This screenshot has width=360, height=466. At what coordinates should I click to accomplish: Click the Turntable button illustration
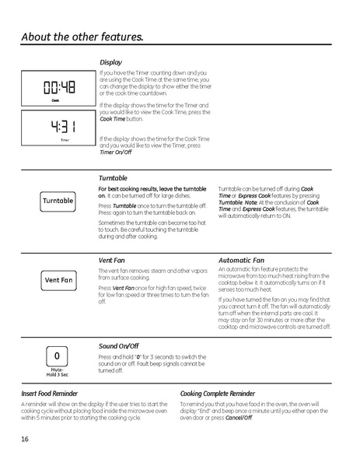click(x=58, y=201)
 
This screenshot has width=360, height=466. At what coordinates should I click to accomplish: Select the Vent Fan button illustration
click(x=58, y=279)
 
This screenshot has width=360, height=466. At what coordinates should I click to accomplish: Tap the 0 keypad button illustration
click(x=57, y=356)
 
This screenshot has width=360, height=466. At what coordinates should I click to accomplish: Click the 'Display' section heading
click(x=110, y=61)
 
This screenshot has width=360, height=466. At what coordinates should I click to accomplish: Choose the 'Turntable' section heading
click(x=114, y=178)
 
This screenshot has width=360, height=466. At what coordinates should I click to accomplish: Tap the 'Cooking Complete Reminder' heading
click(x=217, y=394)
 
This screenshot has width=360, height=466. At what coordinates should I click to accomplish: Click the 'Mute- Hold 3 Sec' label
click(x=57, y=373)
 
